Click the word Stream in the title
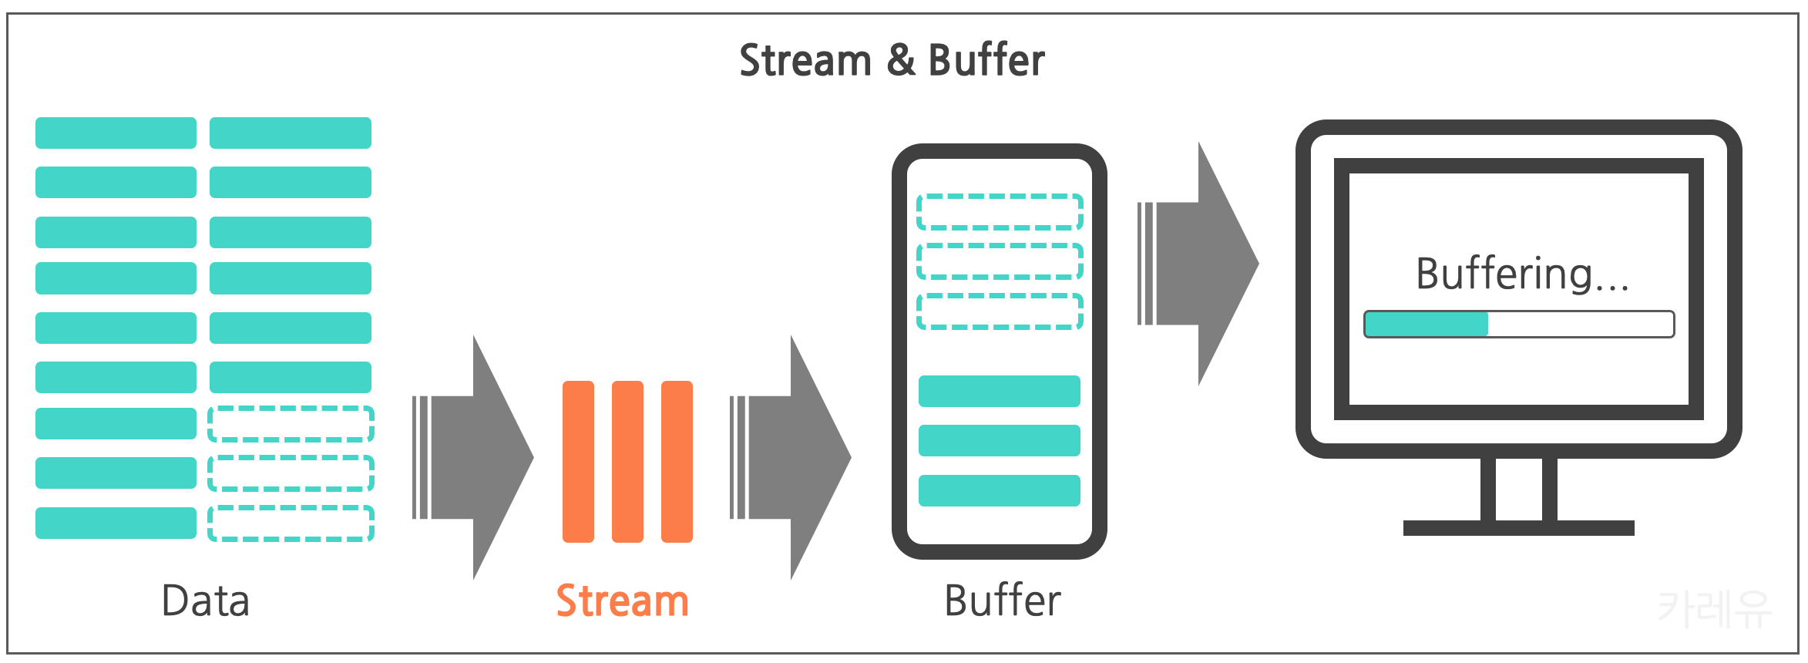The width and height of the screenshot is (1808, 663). (x=805, y=61)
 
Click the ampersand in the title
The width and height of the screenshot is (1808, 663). (x=901, y=61)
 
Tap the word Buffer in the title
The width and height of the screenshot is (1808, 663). (x=986, y=61)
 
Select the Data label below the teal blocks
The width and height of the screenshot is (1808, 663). (x=206, y=601)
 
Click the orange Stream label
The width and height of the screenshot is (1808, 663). (x=622, y=601)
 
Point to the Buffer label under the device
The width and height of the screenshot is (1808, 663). (x=1003, y=601)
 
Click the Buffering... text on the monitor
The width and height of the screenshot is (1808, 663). (x=1522, y=274)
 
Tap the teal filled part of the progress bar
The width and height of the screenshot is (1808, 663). (x=1426, y=325)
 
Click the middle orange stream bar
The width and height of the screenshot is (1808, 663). (x=627, y=462)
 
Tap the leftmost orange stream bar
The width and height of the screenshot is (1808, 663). (x=578, y=462)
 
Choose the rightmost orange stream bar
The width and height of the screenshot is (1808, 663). (x=677, y=462)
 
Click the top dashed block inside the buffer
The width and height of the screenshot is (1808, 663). (x=1000, y=212)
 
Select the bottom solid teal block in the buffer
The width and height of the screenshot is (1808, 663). (x=1000, y=490)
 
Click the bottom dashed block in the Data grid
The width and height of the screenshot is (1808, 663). (x=291, y=523)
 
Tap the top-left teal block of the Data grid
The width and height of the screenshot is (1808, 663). (x=116, y=133)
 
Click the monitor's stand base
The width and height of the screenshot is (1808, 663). (x=1518, y=528)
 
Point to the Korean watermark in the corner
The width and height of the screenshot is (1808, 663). (x=1714, y=609)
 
